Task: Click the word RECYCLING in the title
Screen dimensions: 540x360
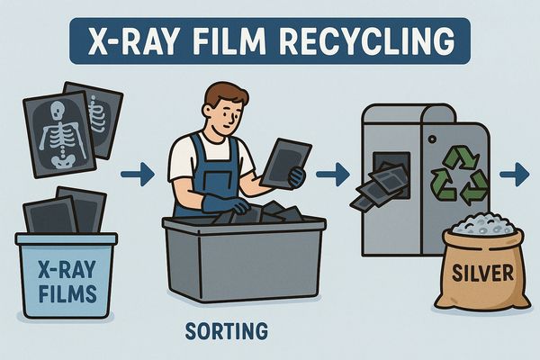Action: (366, 41)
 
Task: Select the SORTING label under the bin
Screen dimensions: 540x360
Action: (226, 330)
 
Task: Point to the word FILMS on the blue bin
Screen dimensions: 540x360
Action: (67, 294)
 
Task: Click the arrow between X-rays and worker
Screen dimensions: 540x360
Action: (138, 175)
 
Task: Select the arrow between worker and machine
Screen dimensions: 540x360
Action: (333, 175)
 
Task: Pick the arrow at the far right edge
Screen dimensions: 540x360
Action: (515, 175)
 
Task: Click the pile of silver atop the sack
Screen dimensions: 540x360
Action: (481, 224)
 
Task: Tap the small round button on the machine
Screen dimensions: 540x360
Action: (432, 139)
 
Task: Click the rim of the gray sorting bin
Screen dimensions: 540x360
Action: (244, 224)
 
